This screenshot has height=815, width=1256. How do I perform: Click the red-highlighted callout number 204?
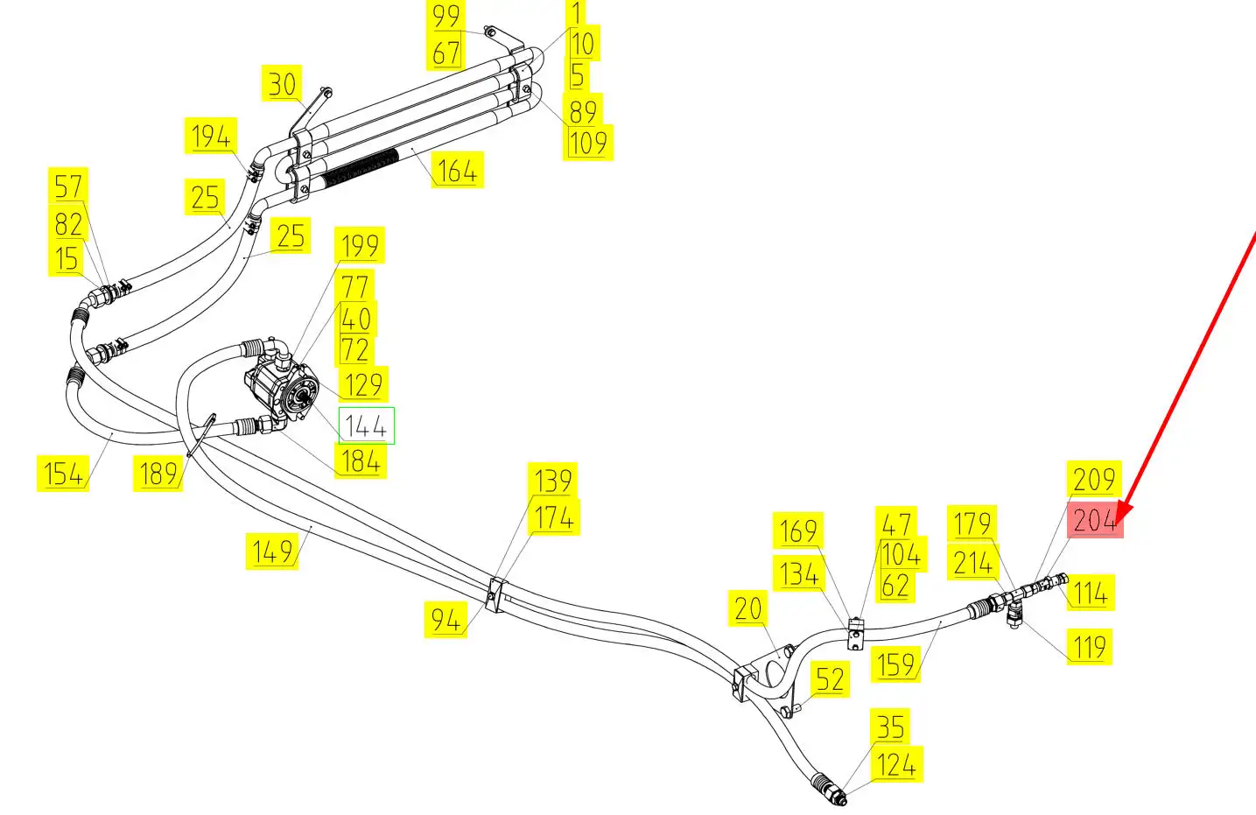click(x=1094, y=522)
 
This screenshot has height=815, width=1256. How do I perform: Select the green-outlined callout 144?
click(x=366, y=426)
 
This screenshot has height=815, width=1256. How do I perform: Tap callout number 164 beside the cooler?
click(x=457, y=170)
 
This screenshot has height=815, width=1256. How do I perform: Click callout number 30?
click(x=282, y=85)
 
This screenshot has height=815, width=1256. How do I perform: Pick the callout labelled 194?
click(x=211, y=137)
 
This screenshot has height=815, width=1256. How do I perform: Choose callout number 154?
click(x=63, y=474)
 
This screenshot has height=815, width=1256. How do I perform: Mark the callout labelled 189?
click(x=158, y=474)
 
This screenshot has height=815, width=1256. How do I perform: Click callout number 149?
click(x=272, y=552)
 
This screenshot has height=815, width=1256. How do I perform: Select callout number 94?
click(x=446, y=620)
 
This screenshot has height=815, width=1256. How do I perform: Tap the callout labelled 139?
click(x=553, y=481)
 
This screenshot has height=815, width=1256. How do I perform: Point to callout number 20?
click(x=748, y=608)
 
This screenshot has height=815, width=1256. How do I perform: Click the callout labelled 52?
click(x=830, y=679)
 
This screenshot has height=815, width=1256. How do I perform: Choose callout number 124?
click(x=896, y=764)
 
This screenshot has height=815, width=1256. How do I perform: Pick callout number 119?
click(x=1090, y=647)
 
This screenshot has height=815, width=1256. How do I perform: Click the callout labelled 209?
click(x=1094, y=479)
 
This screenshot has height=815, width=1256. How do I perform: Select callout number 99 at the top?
click(x=446, y=16)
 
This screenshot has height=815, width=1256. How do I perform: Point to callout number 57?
click(x=68, y=186)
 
